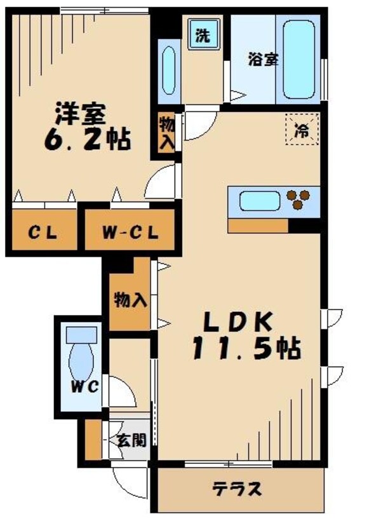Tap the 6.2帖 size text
point(88,139)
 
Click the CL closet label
point(43,233)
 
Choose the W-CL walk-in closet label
point(129,233)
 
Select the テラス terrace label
point(237,489)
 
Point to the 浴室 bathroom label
point(262,60)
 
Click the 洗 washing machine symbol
point(202,36)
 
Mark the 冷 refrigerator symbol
point(302,131)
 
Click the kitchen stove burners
point(300,200)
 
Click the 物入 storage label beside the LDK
point(130,301)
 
